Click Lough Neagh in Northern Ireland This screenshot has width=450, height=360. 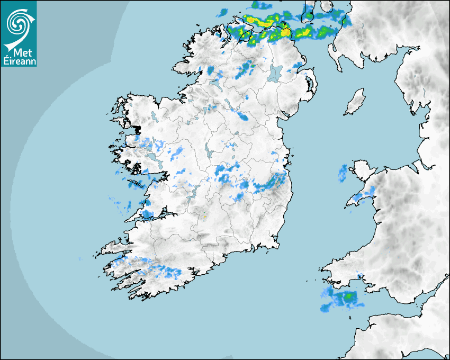click(x=275, y=73)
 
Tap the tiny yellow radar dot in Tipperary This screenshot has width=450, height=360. click(x=205, y=217)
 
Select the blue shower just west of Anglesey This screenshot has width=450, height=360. click(x=343, y=171)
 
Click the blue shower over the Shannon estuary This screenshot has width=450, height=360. click(x=147, y=214)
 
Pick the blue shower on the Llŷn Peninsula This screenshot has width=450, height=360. click(x=361, y=196)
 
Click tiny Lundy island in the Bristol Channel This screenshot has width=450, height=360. click(x=350, y=318)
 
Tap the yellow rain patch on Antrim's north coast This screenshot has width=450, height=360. click(x=285, y=32)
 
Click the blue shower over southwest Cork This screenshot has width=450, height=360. click(x=169, y=272)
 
